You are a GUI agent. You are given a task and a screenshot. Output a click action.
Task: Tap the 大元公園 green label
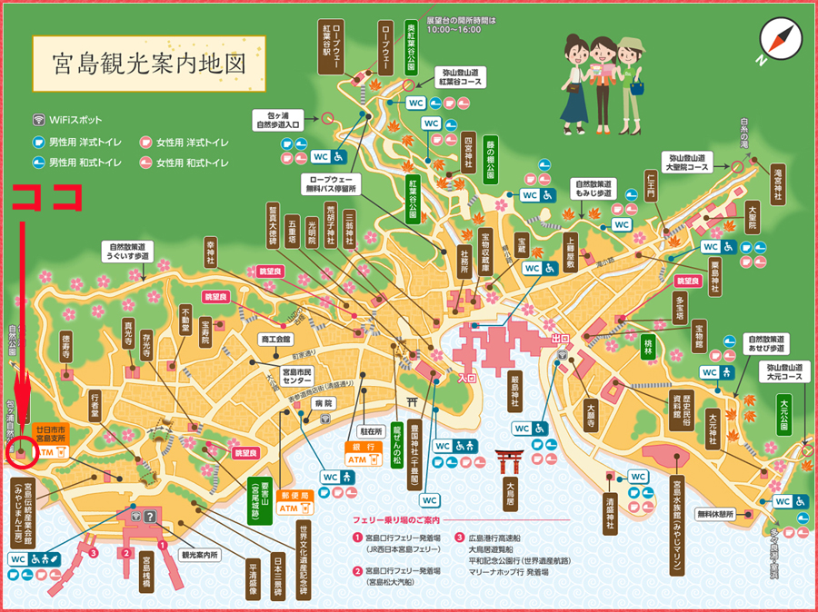click(x=783, y=414)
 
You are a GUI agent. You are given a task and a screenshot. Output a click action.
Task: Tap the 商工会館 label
click(x=275, y=339)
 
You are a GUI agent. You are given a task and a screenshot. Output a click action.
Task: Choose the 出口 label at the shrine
click(x=559, y=339)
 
